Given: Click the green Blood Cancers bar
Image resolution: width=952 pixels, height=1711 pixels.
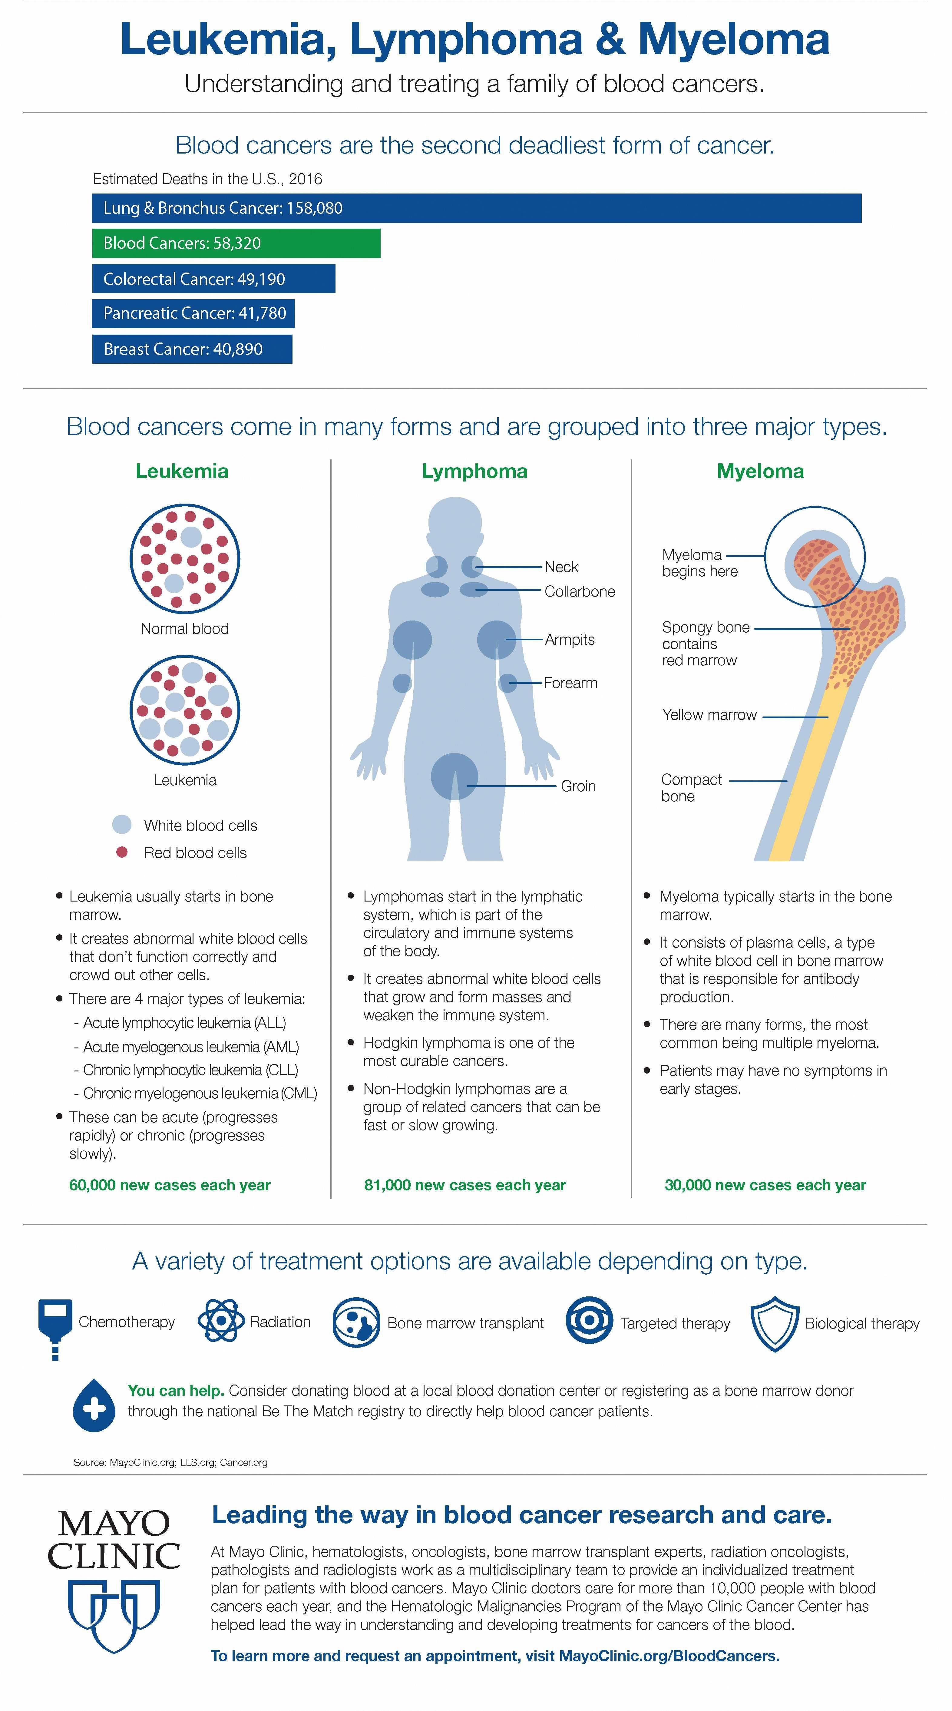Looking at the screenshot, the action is tap(236, 243).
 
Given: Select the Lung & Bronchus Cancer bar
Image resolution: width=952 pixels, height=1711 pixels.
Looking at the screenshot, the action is tap(476, 208).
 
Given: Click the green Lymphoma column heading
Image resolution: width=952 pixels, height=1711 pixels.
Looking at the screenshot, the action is tap(474, 471).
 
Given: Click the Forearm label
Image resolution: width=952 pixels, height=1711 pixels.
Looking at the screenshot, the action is tap(571, 683).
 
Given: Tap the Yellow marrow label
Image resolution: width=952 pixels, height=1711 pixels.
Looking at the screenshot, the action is tap(709, 715).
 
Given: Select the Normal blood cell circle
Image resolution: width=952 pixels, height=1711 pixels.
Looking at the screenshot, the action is tap(185, 558).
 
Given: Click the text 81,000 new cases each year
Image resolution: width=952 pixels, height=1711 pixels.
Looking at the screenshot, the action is tap(465, 1185).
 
